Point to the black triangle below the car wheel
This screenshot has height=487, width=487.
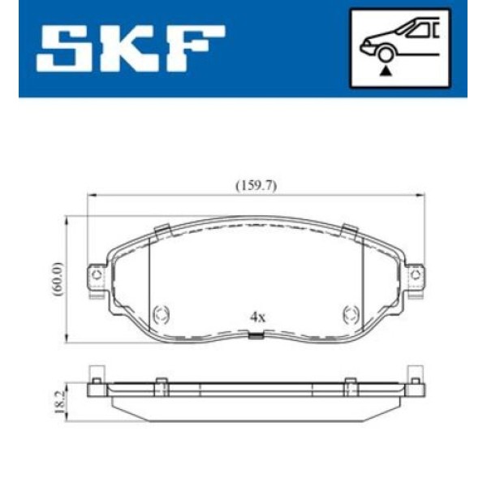click(386, 71)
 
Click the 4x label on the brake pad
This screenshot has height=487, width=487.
click(257, 317)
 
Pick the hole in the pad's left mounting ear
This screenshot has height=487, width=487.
click(97, 277)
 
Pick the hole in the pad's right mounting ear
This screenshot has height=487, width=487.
click(416, 277)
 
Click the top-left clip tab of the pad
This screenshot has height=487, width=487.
click(162, 229)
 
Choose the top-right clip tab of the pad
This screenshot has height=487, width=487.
click(351, 229)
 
